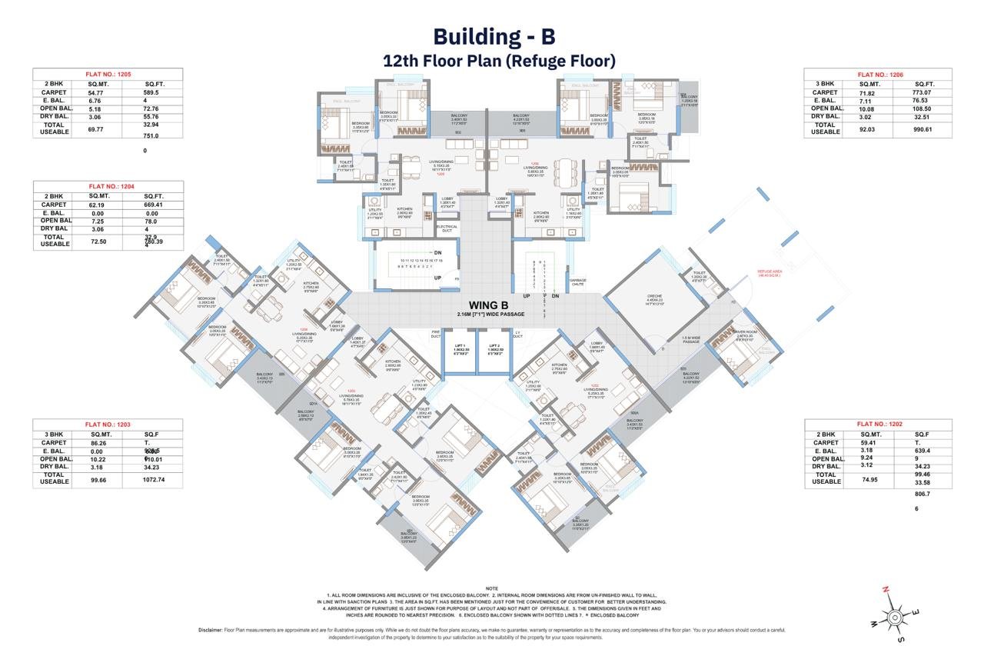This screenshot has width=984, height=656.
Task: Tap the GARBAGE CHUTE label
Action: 578,281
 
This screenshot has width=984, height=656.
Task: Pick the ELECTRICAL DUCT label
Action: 447,228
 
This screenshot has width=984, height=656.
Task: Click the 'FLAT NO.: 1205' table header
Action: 108,74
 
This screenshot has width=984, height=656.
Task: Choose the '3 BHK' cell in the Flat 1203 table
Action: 52,434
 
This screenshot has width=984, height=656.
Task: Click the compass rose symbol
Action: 893,615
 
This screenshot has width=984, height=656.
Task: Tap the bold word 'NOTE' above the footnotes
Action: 492,588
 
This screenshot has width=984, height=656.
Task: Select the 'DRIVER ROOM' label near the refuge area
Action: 746,336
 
